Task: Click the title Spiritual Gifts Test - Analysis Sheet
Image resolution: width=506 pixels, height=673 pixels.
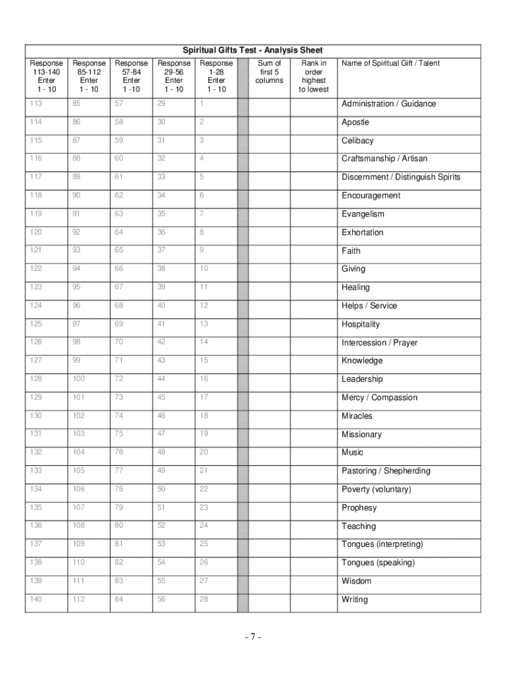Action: [x=252, y=51]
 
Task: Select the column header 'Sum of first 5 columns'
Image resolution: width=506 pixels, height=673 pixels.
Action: [x=269, y=72]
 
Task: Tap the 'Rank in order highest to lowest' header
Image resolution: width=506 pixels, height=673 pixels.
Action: [x=313, y=76]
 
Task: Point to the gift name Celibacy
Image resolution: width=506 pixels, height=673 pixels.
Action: [x=357, y=141]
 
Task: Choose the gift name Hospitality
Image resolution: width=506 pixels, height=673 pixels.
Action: [x=361, y=324]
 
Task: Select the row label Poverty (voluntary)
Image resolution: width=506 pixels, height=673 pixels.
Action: [x=376, y=490]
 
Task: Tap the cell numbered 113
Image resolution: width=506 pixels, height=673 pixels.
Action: [x=35, y=103]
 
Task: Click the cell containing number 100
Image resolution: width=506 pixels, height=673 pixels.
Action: [x=79, y=379]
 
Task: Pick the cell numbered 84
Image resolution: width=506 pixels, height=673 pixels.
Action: [x=119, y=599]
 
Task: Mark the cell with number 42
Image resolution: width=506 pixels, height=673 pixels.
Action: [x=162, y=342]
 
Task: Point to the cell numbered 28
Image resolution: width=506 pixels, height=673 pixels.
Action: [x=204, y=599]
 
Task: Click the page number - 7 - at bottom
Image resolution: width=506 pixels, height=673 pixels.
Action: [x=252, y=637]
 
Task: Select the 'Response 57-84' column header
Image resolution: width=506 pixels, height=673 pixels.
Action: [x=131, y=76]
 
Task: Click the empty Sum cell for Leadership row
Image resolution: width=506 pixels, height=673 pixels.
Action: [x=270, y=379]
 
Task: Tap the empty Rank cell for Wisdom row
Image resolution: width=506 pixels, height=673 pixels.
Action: [x=313, y=581]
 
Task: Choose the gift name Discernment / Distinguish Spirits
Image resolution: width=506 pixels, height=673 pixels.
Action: [x=401, y=177]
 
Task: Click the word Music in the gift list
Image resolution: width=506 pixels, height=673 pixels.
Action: [x=352, y=452]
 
